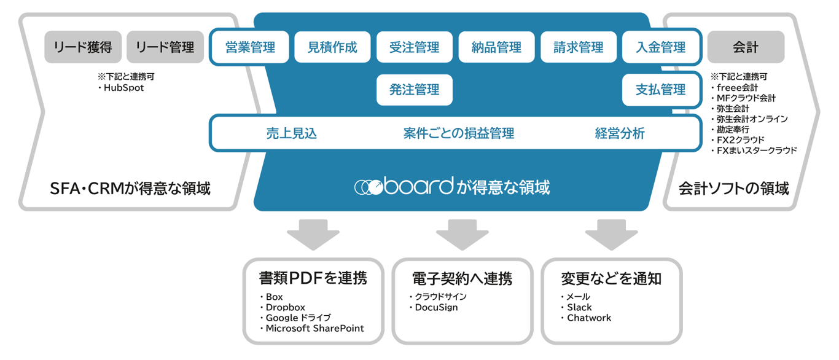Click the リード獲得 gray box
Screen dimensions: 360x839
[x=83, y=47]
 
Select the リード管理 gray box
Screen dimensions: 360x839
[x=165, y=47]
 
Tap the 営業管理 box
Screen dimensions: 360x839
[x=250, y=47]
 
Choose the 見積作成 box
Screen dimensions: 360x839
[x=332, y=47]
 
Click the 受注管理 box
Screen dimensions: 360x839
[x=415, y=47]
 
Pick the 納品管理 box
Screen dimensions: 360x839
[x=496, y=47]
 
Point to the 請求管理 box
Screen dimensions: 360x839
[x=579, y=47]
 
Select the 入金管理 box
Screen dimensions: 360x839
[x=661, y=47]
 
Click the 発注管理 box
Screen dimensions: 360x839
[x=415, y=90]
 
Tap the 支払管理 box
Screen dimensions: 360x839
[x=661, y=90]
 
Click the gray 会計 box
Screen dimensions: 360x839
[x=746, y=47]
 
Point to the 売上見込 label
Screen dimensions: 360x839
[x=292, y=133]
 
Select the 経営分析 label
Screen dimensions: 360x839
[x=620, y=133]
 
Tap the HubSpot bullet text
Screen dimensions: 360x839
[x=123, y=88]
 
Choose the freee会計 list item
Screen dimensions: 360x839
[x=736, y=88]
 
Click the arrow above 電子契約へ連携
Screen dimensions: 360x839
[x=462, y=234]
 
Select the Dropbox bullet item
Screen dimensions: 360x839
[x=285, y=307]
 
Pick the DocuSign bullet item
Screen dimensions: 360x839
[x=436, y=307]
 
